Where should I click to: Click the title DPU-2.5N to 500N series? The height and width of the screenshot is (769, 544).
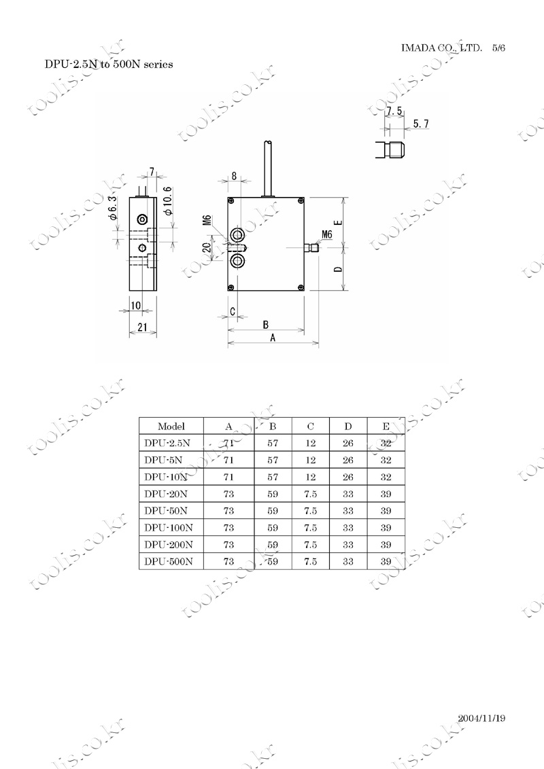pyautogui.click(x=109, y=65)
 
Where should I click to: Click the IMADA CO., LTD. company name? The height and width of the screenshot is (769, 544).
pyautogui.click(x=441, y=48)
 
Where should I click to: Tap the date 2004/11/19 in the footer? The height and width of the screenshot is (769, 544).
pyautogui.click(x=481, y=718)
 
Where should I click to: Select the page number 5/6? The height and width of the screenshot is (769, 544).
pyautogui.click(x=499, y=48)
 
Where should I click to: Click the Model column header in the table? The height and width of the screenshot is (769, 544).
pyautogui.click(x=171, y=426)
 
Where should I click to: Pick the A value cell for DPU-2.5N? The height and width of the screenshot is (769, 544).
pyautogui.click(x=228, y=444)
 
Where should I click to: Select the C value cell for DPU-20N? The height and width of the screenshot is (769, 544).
pyautogui.click(x=310, y=494)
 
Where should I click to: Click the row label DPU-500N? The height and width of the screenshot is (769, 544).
pyautogui.click(x=169, y=562)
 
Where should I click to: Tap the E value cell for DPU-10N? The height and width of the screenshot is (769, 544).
pyautogui.click(x=386, y=477)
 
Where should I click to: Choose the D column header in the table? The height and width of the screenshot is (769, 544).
pyautogui.click(x=348, y=426)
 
